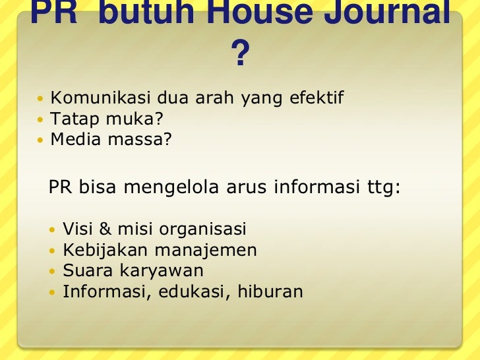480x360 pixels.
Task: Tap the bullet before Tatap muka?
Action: (x=42, y=119)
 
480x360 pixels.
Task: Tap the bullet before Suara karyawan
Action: (x=53, y=271)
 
